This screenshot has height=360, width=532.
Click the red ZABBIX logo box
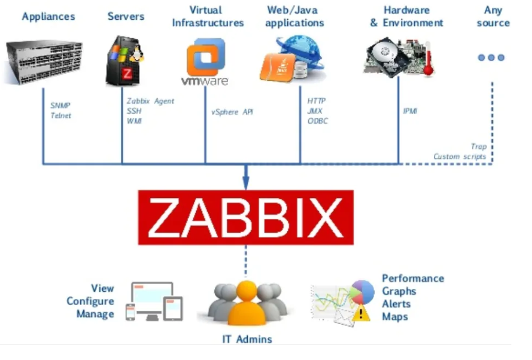click(245, 217)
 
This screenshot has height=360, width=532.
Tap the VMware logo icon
click(205, 61)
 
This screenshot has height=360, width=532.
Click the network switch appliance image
click(44, 62)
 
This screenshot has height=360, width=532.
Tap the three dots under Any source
click(491, 57)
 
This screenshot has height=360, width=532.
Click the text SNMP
click(60, 106)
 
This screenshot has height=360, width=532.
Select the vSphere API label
click(232, 112)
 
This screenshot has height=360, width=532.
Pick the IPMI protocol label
click(410, 111)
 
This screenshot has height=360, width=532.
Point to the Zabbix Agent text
click(150, 101)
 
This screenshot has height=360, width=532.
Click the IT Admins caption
click(247, 339)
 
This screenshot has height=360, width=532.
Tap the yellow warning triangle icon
click(361, 313)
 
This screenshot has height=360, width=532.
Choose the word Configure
click(90, 301)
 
